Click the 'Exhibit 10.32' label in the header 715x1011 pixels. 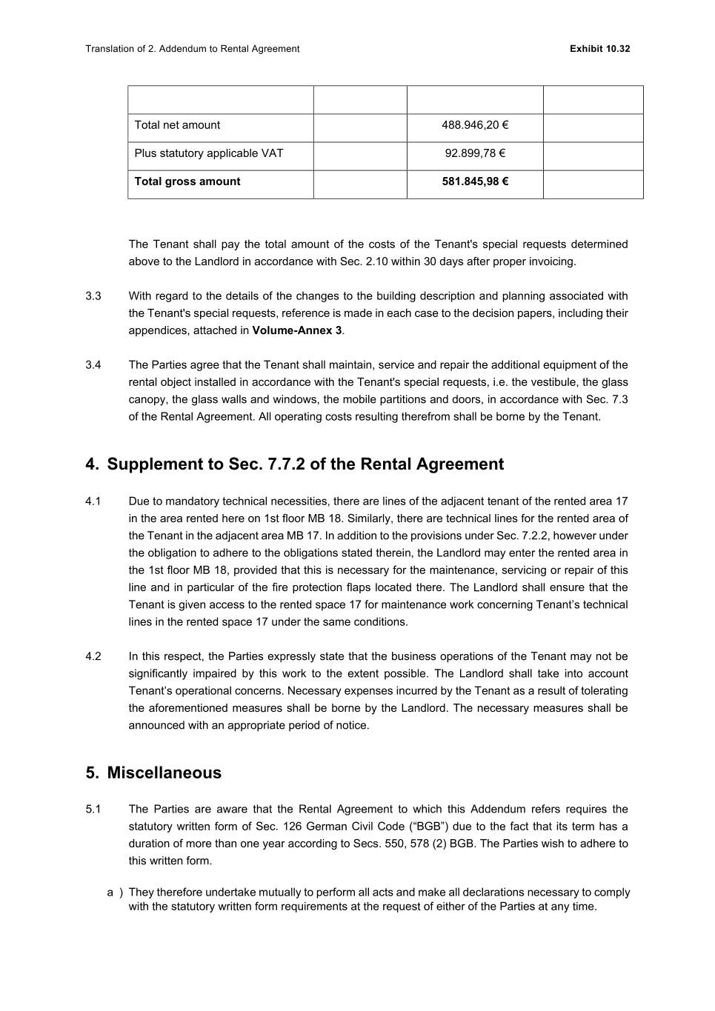tap(599, 49)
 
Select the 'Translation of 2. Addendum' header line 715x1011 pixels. tap(192, 49)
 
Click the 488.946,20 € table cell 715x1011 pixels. tap(475, 125)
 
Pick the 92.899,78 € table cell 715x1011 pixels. tap(475, 153)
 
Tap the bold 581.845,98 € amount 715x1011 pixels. tap(475, 181)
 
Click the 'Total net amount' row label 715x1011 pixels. tap(177, 125)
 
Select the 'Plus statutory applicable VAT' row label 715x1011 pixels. tap(209, 153)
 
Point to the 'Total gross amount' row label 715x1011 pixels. tap(187, 181)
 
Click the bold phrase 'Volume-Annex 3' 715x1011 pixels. tap(296, 330)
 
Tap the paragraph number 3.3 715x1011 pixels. tap(93, 296)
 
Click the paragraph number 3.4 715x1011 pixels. tap(93, 365)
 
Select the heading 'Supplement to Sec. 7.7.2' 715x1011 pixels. tap(305, 464)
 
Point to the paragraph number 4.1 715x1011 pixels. tap(93, 501)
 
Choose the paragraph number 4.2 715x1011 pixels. tap(93, 656)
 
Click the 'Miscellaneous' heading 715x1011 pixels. tap(164, 773)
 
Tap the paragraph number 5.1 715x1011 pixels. tap(93, 810)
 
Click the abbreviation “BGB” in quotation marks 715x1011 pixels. tap(429, 827)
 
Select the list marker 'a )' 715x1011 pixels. tap(115, 892)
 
